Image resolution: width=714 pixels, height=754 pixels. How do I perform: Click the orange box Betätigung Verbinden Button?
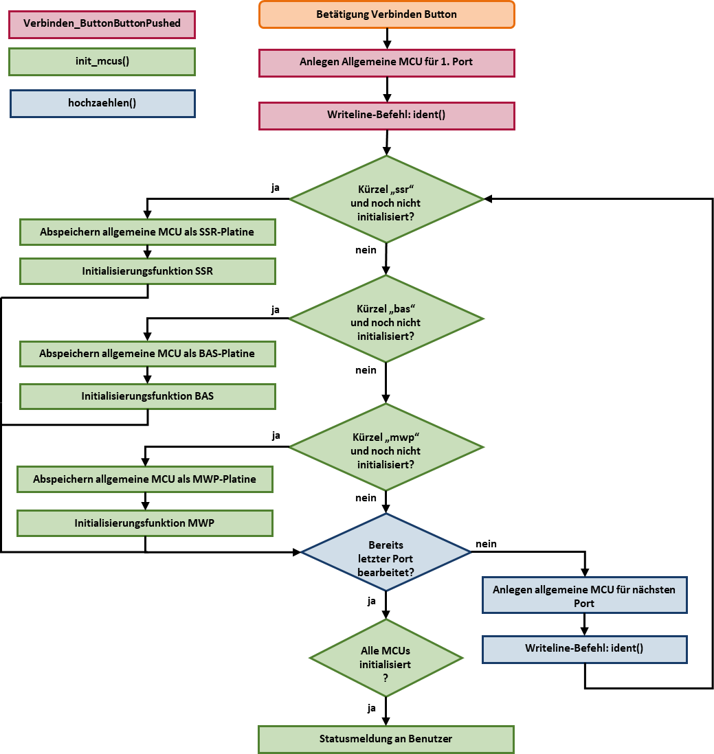click(x=386, y=14)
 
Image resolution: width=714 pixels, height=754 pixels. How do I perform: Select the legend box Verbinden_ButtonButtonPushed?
click(x=102, y=24)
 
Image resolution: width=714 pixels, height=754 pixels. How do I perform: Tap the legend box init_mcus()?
click(x=102, y=61)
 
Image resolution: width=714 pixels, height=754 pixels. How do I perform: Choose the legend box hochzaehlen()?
click(x=102, y=104)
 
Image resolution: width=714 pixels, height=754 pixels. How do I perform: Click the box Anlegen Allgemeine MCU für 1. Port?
click(x=386, y=62)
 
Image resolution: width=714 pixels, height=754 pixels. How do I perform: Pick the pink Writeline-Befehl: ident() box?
click(x=386, y=115)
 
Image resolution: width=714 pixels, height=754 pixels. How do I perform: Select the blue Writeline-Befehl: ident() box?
click(x=584, y=649)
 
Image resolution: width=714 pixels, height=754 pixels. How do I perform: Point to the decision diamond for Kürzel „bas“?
click(x=386, y=319)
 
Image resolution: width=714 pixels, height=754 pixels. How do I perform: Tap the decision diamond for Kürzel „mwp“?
click(x=386, y=447)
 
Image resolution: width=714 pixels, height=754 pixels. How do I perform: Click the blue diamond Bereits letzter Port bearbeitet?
click(x=386, y=552)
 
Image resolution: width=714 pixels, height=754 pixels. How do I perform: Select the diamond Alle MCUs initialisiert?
click(x=386, y=658)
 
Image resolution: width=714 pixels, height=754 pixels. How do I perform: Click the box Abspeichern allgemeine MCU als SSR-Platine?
click(x=147, y=232)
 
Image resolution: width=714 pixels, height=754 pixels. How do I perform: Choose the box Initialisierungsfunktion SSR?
click(x=147, y=271)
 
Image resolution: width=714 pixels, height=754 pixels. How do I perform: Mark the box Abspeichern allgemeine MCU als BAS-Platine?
click(x=147, y=354)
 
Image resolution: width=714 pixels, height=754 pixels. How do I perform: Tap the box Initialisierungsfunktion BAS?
click(x=147, y=396)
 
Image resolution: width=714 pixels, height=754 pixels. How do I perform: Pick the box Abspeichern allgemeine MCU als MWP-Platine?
click(x=144, y=479)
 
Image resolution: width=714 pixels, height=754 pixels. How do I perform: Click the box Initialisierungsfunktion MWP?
click(x=144, y=523)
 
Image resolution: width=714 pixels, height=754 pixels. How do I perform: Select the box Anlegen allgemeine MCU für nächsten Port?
click(x=584, y=595)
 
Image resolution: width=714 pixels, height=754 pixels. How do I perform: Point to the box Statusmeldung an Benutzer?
click(x=386, y=739)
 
